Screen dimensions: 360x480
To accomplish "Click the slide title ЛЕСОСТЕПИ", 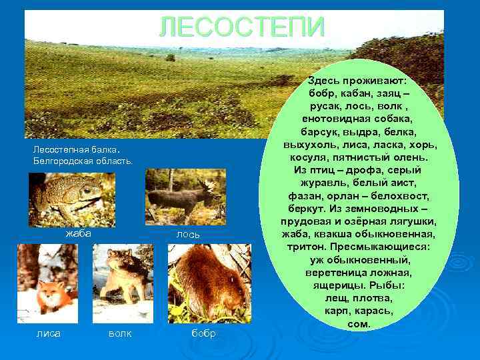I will point(242,27).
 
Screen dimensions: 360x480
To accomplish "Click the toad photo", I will point(71,199).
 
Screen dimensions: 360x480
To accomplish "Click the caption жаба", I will point(78,234).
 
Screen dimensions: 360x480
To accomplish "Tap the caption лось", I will point(188,235).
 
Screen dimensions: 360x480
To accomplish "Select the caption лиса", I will point(48,333).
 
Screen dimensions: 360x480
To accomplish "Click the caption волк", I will point(120,333).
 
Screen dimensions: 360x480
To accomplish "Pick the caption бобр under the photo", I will point(204,333).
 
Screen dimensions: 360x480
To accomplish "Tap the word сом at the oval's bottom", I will point(359,323).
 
